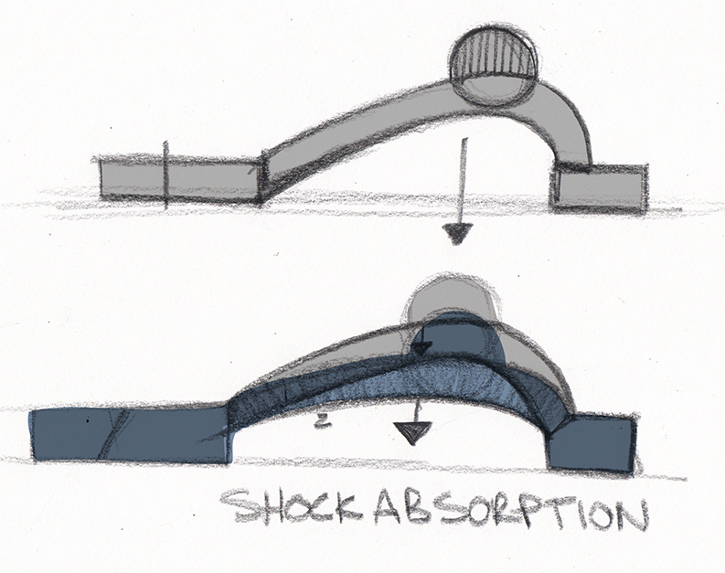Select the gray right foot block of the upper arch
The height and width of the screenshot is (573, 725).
click(x=598, y=186)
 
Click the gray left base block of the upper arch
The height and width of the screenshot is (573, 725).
click(x=180, y=180)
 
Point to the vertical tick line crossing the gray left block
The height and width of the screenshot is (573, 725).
click(x=166, y=175)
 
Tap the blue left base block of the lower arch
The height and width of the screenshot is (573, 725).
click(x=131, y=435)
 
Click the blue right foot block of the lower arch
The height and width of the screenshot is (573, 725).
click(x=592, y=443)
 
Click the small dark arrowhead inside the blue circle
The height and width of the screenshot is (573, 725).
click(x=421, y=349)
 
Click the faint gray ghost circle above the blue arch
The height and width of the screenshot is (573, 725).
click(x=451, y=296)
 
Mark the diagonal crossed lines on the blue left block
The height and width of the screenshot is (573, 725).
click(x=112, y=434)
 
